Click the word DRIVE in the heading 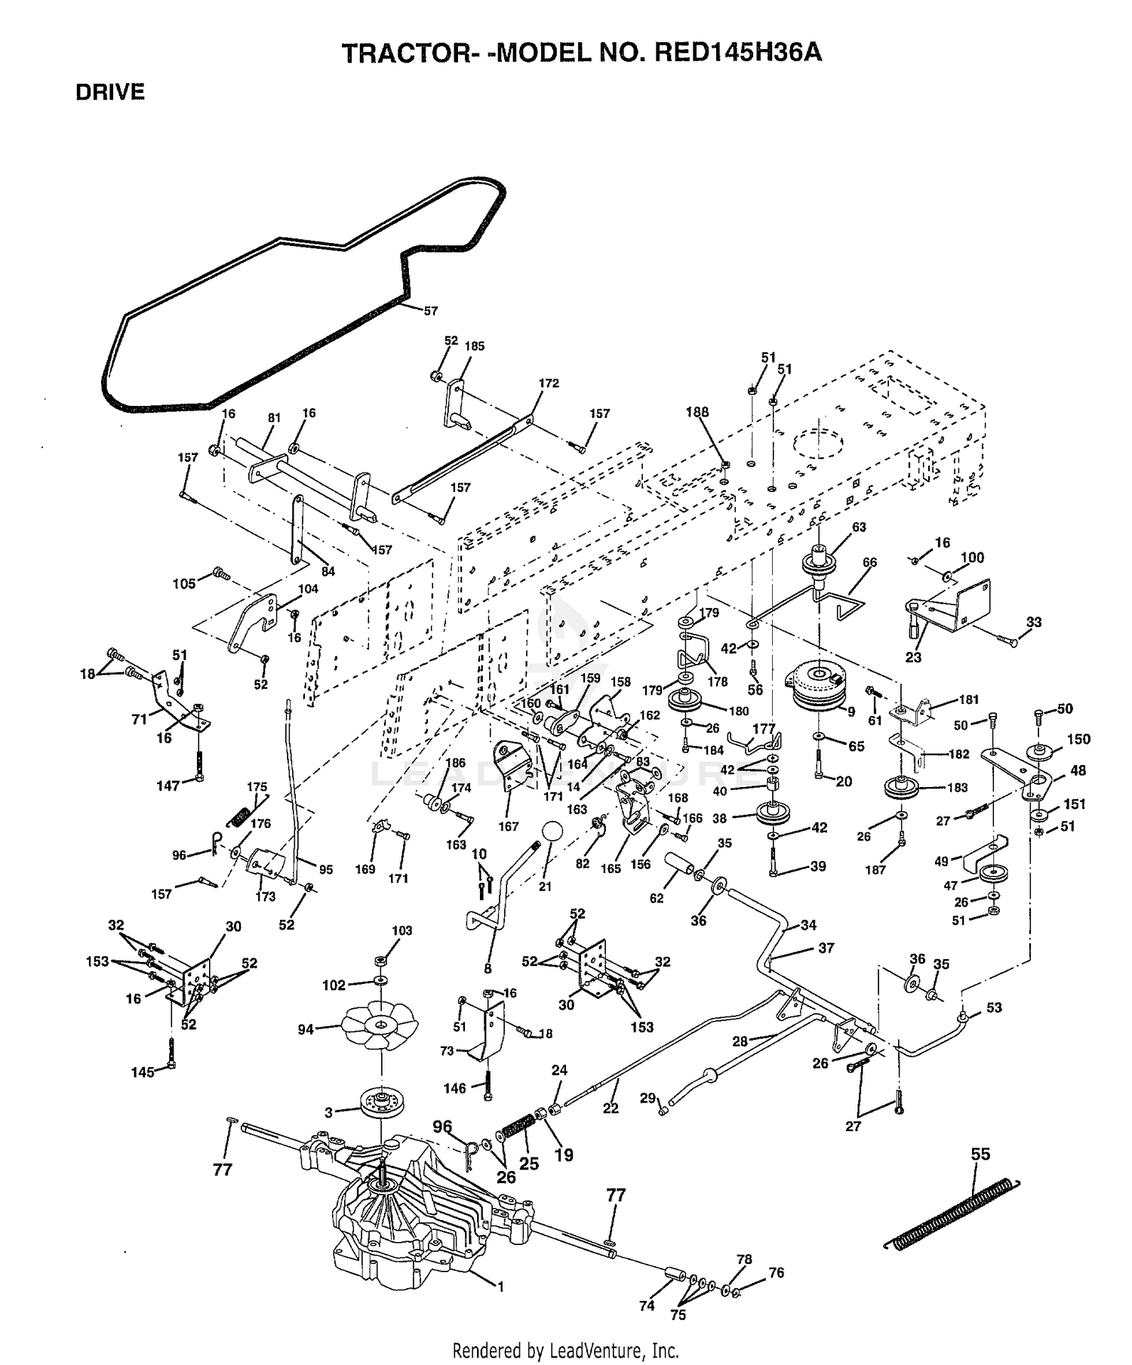[x=110, y=92]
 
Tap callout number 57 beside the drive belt [x=430, y=310]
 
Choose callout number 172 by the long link [x=549, y=383]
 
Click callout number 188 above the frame [x=697, y=411]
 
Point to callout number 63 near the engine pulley [x=859, y=527]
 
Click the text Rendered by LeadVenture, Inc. [x=566, y=1350]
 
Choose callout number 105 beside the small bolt [x=184, y=583]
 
